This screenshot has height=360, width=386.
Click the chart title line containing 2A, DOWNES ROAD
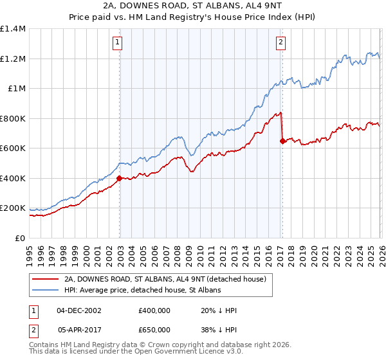(193, 6)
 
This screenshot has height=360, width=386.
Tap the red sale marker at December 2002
(120, 179)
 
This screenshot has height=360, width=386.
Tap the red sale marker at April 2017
(282, 141)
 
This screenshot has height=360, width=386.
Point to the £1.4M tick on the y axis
(12, 29)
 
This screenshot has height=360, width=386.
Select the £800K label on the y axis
(12, 118)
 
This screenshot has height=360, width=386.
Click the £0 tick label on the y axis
(19, 238)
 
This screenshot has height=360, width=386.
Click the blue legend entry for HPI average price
(142, 291)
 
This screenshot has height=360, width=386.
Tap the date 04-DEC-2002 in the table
(79, 310)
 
